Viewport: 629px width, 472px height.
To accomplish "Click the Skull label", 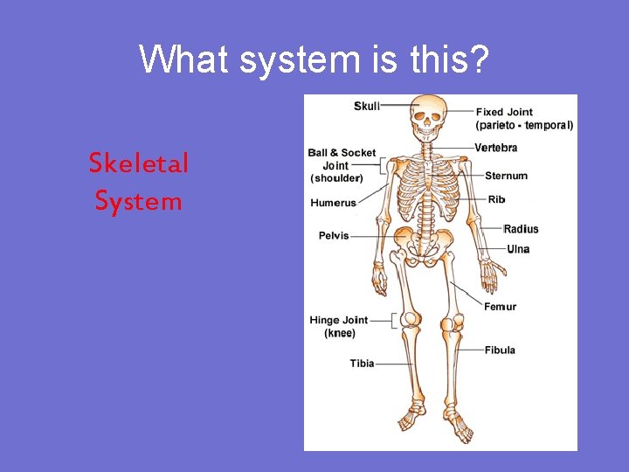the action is (367, 107).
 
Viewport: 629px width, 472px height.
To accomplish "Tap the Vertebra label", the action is (496, 148).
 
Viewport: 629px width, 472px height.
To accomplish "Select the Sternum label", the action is (506, 176).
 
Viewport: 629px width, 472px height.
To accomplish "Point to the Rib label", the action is (496, 199).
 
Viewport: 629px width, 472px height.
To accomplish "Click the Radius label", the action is (521, 229).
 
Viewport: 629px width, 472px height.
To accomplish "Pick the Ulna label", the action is (518, 249).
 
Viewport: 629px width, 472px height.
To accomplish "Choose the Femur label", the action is (501, 307).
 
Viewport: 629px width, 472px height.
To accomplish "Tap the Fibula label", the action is (500, 350).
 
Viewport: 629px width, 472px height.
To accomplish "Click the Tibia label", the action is (363, 364).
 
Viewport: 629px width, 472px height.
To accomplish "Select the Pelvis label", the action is (334, 235).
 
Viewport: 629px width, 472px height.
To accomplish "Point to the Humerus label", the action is (334, 203).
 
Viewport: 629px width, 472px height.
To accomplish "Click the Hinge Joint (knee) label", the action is (339, 327).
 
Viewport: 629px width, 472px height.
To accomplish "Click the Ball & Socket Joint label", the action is (342, 165).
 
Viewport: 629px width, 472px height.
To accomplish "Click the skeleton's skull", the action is (428, 115).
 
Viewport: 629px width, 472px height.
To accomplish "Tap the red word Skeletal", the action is (139, 163).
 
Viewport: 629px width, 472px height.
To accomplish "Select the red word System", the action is (139, 202).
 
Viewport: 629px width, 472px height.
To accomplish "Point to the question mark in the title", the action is (480, 59).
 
